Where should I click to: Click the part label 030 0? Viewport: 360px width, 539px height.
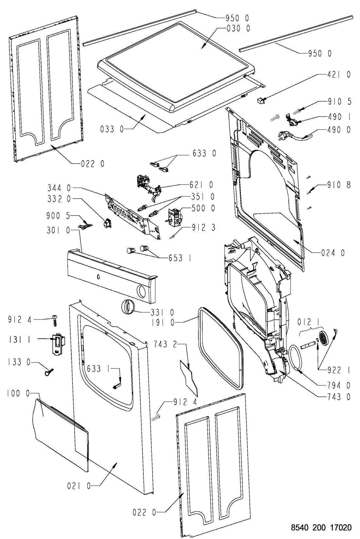click(x=238, y=28)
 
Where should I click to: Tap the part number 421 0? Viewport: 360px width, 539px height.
click(x=339, y=75)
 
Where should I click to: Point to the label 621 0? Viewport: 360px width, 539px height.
click(x=201, y=185)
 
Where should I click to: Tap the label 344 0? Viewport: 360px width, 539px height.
click(x=59, y=188)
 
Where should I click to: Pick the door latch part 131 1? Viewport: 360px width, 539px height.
click(x=58, y=344)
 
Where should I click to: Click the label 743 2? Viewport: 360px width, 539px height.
click(x=165, y=344)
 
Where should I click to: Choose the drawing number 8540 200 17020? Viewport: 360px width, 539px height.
click(x=321, y=528)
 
